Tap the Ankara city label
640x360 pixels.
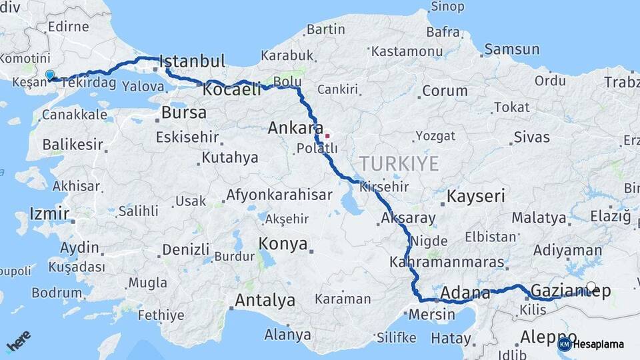[x=295, y=127]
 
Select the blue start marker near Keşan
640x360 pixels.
[x=49, y=75]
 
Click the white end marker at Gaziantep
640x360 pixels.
[x=591, y=286]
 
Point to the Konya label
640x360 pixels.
[x=283, y=243]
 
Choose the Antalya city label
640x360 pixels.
[x=265, y=301]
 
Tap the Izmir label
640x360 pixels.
[x=49, y=214]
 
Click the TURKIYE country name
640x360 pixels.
[x=399, y=164]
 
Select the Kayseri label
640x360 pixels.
[x=475, y=197]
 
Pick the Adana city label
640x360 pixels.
[x=461, y=292]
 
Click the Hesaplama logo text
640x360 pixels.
[x=599, y=345]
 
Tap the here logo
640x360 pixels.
[x=18, y=343]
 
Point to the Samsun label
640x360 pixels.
[x=511, y=49]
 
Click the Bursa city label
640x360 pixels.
[x=184, y=112]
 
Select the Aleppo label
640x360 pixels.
[x=548, y=336]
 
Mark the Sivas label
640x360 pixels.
[x=531, y=137]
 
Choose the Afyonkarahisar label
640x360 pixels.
[x=279, y=195]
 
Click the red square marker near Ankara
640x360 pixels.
[x=327, y=136]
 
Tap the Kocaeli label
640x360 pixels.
[x=232, y=89]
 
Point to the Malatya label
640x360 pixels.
[x=539, y=217]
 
